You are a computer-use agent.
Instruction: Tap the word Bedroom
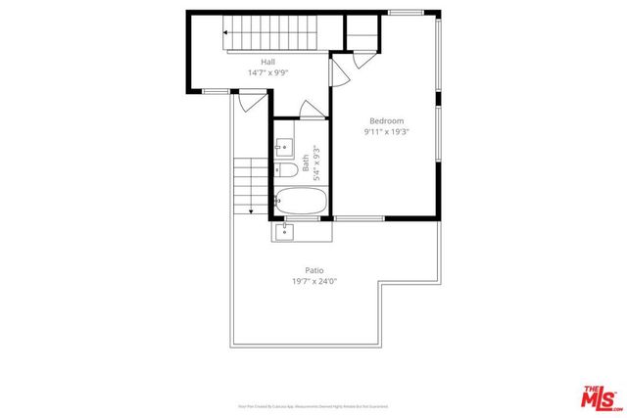(385, 120)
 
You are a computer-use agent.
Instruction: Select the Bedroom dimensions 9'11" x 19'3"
(385, 132)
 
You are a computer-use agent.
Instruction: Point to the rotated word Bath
(306, 163)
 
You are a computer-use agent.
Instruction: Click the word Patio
(313, 270)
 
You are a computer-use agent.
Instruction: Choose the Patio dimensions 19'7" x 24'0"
(313, 282)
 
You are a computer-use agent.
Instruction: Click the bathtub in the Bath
(301, 202)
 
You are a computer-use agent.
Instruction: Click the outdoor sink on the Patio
(284, 231)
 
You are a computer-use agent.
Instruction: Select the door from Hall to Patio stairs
(251, 99)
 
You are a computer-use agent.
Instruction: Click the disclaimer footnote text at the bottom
(313, 404)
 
